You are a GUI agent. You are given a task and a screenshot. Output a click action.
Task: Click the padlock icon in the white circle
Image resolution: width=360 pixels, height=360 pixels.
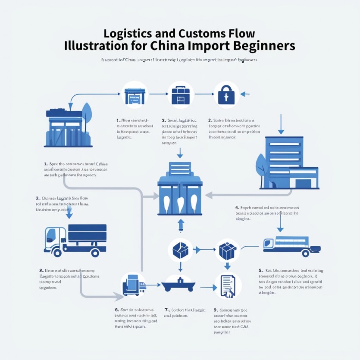point(226,94)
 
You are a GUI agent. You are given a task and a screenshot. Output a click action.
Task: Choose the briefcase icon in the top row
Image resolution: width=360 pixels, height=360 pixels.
point(180,94)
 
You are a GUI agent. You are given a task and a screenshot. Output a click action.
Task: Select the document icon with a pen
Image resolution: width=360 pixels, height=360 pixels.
point(227,286)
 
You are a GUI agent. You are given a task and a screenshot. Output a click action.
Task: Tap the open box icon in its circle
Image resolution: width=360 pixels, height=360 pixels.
point(180,249)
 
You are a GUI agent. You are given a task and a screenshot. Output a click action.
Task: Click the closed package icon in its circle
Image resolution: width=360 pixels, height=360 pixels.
point(227,250)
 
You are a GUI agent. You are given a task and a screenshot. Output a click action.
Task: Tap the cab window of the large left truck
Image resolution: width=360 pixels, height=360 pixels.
point(51,235)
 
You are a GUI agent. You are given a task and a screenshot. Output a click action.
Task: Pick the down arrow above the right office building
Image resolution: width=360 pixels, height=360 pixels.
point(281,124)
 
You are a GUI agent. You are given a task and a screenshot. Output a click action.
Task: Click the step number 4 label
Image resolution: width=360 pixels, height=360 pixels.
point(237,208)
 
